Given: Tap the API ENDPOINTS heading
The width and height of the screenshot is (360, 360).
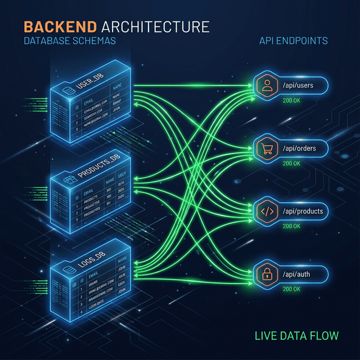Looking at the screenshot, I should (x=293, y=42).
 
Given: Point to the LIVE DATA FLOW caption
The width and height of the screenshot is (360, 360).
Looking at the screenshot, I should (x=296, y=336).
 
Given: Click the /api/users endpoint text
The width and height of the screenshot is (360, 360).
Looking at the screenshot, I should (x=298, y=85).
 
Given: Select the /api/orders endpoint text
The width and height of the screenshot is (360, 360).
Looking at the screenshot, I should (x=299, y=148).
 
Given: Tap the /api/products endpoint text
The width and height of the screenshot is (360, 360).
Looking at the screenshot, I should (x=303, y=211).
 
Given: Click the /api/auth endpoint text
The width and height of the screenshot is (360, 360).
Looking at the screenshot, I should (x=296, y=274).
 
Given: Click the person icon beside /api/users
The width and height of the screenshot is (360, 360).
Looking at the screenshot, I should (x=266, y=85).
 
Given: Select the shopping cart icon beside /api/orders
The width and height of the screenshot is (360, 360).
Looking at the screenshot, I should (x=266, y=148).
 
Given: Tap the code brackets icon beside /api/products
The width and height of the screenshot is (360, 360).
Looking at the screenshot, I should (x=266, y=211).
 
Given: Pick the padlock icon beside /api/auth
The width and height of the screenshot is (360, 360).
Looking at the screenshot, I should (x=266, y=274).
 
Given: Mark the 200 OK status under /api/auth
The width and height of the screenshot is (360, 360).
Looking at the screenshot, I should (x=291, y=289).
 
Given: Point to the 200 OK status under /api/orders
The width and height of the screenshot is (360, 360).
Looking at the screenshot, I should (x=291, y=163).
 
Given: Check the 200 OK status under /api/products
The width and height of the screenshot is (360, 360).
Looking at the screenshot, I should (x=291, y=226).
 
